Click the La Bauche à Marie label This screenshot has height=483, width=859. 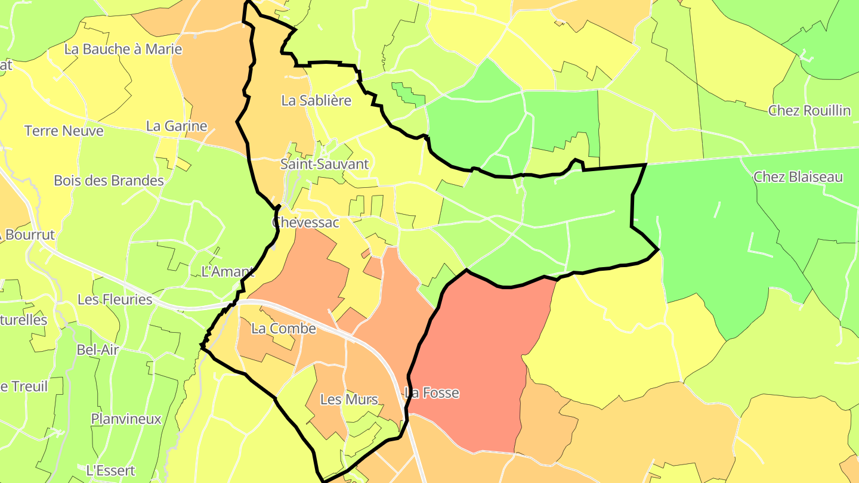(x=123, y=49)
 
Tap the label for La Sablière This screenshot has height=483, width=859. (x=316, y=101)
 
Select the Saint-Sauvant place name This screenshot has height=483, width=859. (x=325, y=164)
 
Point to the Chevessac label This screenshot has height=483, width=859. (x=305, y=222)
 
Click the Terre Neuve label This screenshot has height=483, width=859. (x=64, y=131)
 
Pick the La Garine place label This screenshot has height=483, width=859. (x=177, y=126)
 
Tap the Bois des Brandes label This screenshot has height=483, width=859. (x=109, y=181)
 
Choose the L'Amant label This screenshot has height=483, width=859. (x=228, y=272)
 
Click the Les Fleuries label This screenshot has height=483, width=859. (x=115, y=299)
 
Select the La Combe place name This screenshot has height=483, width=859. (x=283, y=329)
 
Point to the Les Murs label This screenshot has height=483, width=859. (x=349, y=400)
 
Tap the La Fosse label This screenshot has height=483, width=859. (x=432, y=393)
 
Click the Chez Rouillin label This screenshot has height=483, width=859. (x=809, y=110)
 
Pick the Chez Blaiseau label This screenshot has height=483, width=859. (x=798, y=177)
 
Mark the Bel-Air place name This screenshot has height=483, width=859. (x=98, y=350)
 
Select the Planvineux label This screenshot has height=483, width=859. (x=126, y=419)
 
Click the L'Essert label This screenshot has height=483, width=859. (x=110, y=470)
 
